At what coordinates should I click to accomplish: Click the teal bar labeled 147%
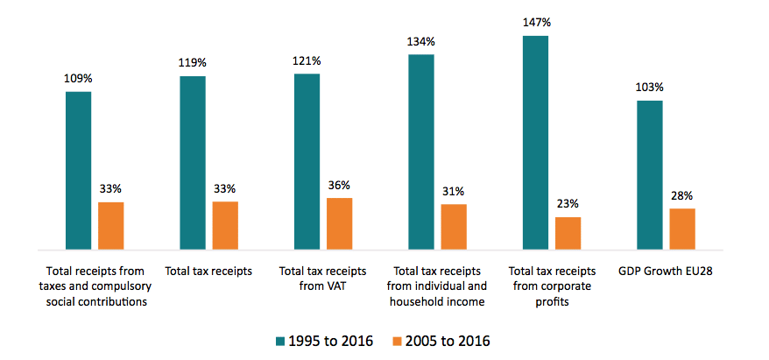pos(535,143)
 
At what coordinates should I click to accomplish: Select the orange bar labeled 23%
pos(568,233)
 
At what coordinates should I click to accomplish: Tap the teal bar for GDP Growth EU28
pos(649,175)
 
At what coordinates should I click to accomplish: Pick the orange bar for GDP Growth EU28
pos(681,229)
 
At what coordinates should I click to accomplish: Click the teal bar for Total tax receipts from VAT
pos(307,162)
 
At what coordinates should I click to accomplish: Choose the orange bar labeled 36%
pos(340,223)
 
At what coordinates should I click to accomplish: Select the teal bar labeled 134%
pos(421,152)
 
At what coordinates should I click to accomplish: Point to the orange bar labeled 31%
pos(454,227)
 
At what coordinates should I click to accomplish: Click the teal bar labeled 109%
pos(79,170)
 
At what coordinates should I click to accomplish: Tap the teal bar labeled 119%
pos(193,163)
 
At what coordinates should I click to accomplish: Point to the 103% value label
pos(649,88)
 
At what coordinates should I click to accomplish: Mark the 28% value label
pos(682,195)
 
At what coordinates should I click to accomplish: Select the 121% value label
pos(307,60)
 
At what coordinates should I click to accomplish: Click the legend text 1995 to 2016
pos(328,340)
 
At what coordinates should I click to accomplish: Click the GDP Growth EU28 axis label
pos(665,271)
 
